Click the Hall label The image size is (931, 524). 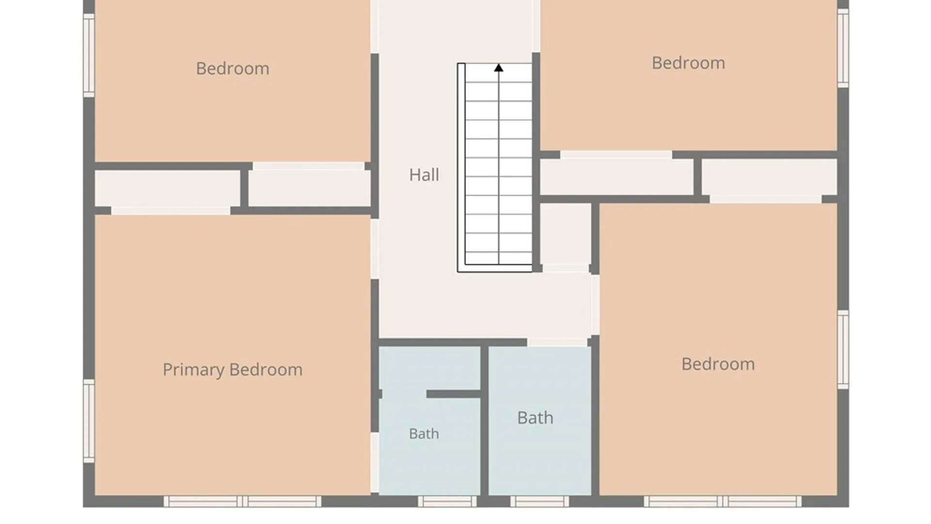[424, 175]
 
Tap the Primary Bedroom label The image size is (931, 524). [233, 370]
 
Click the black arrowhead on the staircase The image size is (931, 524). [498, 68]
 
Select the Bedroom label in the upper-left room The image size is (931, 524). [233, 68]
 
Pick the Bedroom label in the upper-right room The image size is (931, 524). [688, 63]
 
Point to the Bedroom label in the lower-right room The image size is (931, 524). [718, 364]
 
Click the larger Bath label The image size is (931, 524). [535, 418]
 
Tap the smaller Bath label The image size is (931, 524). [424, 434]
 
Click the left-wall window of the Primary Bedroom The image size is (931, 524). [89, 421]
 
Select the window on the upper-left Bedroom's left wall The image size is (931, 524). [89, 55]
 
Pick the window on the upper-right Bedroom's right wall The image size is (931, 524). [843, 48]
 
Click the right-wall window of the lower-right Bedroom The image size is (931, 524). [843, 349]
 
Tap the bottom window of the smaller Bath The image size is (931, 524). [447, 501]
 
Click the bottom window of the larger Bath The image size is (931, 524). [539, 501]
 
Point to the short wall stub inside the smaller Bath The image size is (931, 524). [453, 394]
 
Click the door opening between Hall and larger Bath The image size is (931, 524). [557, 342]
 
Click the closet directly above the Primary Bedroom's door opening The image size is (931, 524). [167, 189]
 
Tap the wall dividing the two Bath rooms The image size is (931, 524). [484, 420]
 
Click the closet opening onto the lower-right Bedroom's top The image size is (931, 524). [770, 177]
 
